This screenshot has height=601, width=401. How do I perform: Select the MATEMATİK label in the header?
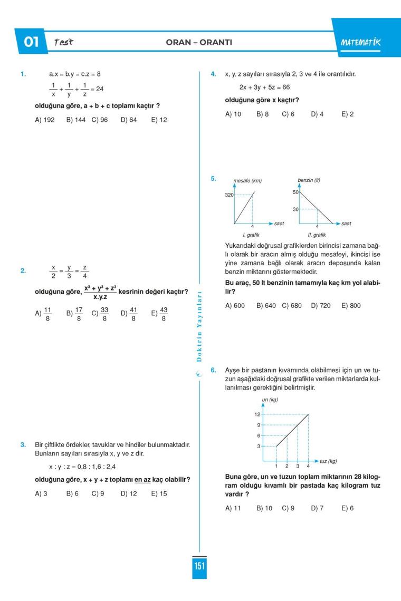pos(361,42)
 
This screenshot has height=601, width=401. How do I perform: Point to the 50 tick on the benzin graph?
pos(296,192)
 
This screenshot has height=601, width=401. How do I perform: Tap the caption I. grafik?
pos(251,234)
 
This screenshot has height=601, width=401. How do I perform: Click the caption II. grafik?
pos(317,234)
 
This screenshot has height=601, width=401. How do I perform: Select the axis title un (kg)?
pos(270,400)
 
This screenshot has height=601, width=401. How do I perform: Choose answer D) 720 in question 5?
pos(319,305)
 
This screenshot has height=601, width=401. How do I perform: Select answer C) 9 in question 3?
pos(97,495)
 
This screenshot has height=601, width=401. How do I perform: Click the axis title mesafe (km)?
pos(247,181)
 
